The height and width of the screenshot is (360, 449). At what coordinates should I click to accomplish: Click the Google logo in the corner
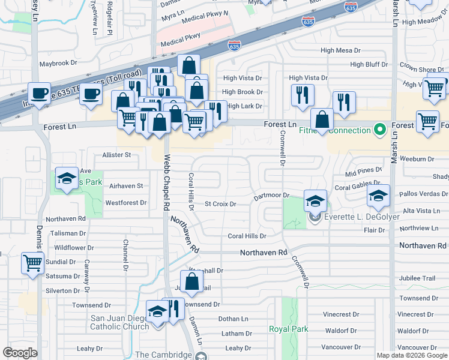point(20,353)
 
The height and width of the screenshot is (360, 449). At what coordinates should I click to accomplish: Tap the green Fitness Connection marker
point(379,130)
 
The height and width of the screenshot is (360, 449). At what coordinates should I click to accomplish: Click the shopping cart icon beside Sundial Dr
point(32,262)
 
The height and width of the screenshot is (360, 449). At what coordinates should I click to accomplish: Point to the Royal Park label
point(288,329)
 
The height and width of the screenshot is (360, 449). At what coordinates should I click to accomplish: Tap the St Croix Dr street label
point(220,204)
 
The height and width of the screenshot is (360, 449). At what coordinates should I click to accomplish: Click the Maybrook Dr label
point(58,62)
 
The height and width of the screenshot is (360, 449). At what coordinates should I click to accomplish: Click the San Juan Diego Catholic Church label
point(119,323)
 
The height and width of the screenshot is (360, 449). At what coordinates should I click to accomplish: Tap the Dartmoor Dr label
point(271,196)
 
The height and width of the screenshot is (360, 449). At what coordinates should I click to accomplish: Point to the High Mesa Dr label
point(340,50)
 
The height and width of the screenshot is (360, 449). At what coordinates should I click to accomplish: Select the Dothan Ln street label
point(233,319)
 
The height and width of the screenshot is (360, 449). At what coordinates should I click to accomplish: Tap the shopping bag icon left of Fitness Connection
point(322,119)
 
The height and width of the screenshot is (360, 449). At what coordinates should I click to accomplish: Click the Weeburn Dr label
point(420,158)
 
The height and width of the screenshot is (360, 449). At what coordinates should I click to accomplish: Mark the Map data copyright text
point(412,355)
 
